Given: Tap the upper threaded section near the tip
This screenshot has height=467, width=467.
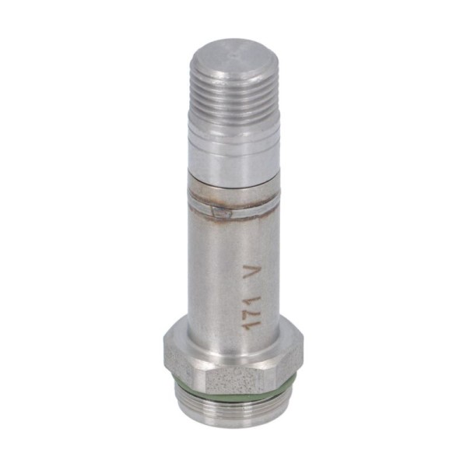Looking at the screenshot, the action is click(x=234, y=98).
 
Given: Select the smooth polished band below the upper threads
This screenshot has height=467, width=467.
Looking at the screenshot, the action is click(x=234, y=152).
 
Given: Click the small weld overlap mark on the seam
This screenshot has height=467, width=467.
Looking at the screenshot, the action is click(x=221, y=212).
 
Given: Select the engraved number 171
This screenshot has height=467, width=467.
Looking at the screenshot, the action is click(x=250, y=316).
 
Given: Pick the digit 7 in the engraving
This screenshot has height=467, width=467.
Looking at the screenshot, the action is click(x=250, y=315).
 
